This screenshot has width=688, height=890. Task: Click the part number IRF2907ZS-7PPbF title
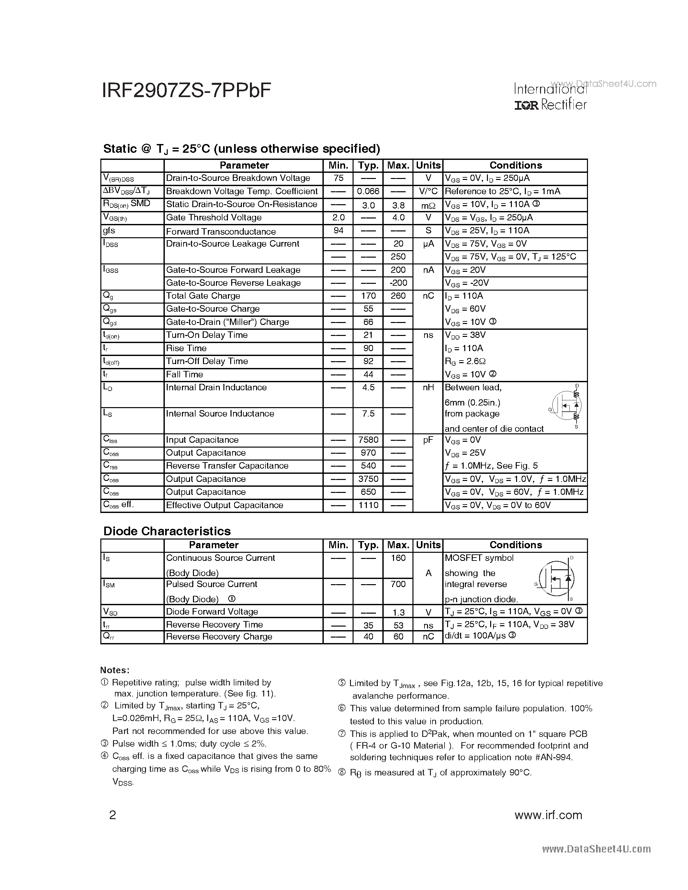(186, 91)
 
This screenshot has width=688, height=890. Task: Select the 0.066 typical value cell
(368, 191)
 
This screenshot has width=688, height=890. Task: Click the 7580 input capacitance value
(368, 440)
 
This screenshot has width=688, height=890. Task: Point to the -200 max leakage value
(398, 283)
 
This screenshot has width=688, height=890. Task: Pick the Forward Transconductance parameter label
(220, 231)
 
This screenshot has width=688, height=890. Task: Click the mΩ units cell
(428, 205)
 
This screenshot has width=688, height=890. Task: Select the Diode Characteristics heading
(167, 531)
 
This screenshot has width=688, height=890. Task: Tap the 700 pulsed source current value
(398, 584)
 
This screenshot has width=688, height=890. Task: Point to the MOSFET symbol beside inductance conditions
(567, 406)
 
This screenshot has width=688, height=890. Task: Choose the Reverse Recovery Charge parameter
(219, 637)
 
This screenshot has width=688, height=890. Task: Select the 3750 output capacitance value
(368, 479)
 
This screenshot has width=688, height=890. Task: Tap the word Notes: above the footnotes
(115, 670)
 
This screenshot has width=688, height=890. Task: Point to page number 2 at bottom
(112, 815)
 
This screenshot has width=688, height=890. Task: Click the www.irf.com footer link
(548, 815)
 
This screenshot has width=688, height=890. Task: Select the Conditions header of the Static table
(515, 165)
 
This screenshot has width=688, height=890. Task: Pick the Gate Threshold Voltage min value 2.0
(338, 217)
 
